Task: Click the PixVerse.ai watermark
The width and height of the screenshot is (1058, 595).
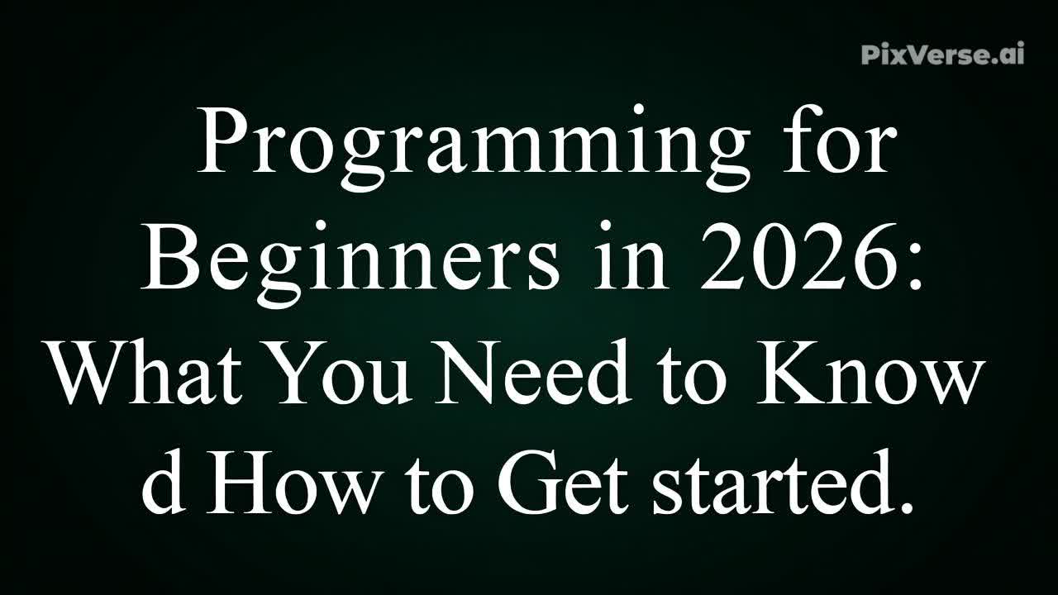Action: (x=942, y=55)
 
